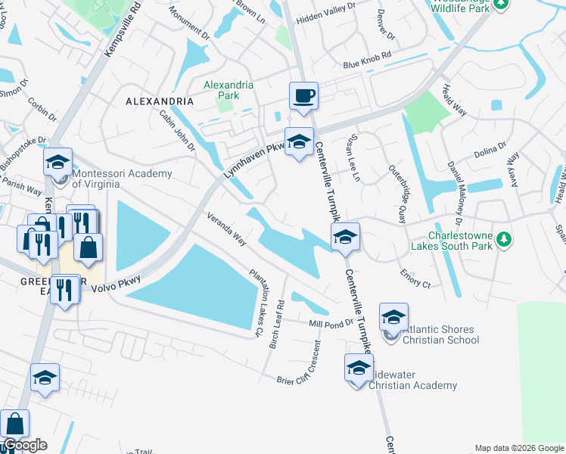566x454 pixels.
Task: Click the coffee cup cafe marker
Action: pos(303,97)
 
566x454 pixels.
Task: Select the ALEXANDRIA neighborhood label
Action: pos(160,101)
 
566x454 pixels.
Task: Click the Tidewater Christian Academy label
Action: pos(413,380)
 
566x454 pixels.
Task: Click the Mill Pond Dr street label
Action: pos(331,323)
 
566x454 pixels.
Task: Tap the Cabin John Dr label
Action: pos(177,129)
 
